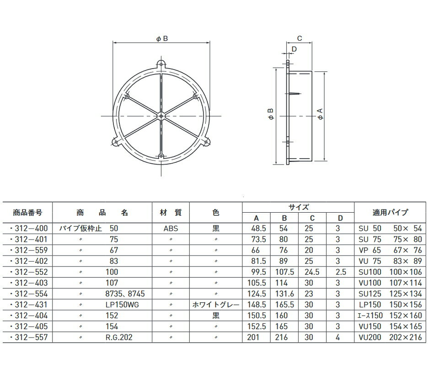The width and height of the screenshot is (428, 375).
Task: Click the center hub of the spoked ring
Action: pyautogui.click(x=161, y=116)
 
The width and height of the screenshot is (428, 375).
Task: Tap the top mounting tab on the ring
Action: pyautogui.click(x=161, y=64)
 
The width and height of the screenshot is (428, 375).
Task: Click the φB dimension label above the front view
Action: pyautogui.click(x=162, y=38)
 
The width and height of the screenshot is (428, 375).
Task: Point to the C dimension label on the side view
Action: pyautogui.click(x=300, y=38)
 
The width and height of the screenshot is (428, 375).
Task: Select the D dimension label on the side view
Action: pyautogui.click(x=294, y=49)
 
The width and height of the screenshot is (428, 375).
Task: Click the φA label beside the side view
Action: pyautogui.click(x=320, y=114)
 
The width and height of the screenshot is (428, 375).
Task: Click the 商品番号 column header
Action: pyautogui.click(x=27, y=212)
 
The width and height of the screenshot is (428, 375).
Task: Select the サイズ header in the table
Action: pyautogui.click(x=298, y=207)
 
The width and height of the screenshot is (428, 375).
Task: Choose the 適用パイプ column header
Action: pyautogui.click(x=390, y=212)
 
